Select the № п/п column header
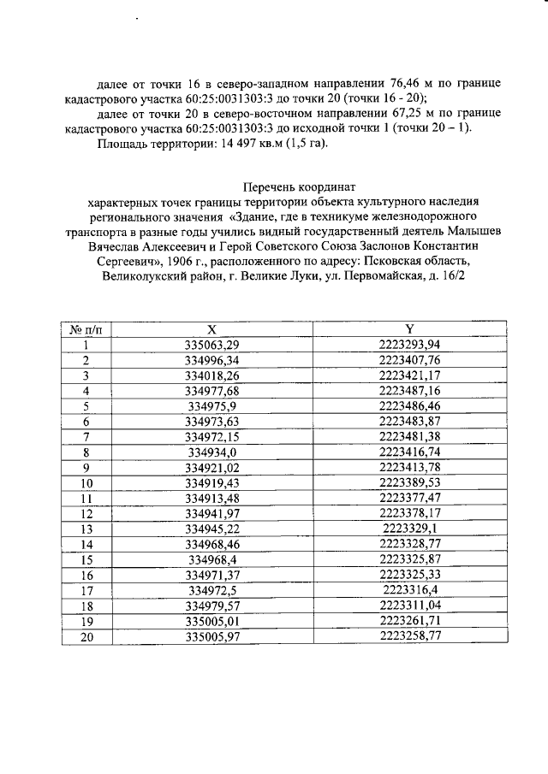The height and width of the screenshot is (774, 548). click(86, 329)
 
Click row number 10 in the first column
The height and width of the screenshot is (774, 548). click(86, 483)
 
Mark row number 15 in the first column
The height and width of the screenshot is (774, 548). click(86, 560)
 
